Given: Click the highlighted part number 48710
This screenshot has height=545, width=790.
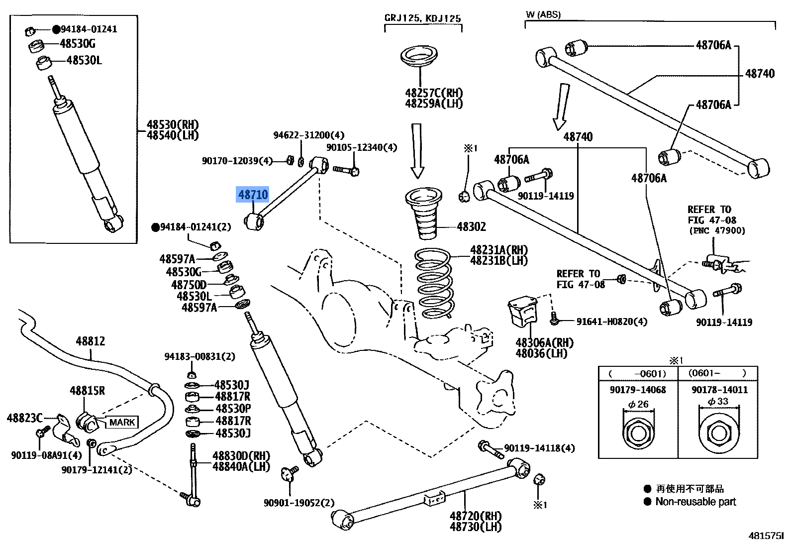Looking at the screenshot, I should point(253,195).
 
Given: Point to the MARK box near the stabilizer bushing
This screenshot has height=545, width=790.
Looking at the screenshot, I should point(122,422).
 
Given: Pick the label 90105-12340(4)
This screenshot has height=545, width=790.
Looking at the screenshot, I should point(362,147).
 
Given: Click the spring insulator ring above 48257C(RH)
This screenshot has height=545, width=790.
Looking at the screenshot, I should point(419,56).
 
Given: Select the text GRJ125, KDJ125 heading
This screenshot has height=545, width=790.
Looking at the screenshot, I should point(423,18).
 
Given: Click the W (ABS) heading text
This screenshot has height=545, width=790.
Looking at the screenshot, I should point(543,14).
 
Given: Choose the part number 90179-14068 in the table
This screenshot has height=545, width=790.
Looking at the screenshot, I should point(638,390).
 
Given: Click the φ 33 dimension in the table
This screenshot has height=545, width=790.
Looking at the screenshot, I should point(718,401).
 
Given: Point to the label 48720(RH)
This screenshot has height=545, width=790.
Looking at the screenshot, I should point(476,516).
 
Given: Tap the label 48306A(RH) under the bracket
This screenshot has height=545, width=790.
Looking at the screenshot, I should point(544,342).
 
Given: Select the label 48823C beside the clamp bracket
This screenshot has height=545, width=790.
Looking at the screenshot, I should point(25,418).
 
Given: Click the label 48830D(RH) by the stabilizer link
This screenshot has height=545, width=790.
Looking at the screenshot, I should point(241,456).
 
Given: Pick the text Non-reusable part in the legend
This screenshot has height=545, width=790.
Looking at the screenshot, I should point(695,502).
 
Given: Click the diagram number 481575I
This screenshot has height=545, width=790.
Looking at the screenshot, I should point(766,536).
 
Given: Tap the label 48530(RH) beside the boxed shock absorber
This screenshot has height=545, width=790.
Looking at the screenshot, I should point(172,124).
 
